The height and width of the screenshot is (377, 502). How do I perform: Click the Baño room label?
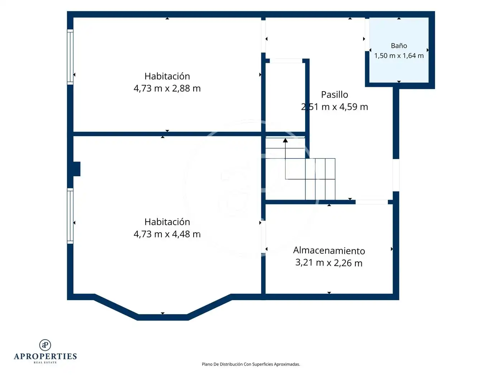coord(399,46)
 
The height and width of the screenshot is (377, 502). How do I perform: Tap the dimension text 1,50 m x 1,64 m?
coord(399,56)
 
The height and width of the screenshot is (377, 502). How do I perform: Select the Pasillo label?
coord(334,94)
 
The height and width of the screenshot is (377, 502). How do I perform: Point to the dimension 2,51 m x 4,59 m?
coord(334,107)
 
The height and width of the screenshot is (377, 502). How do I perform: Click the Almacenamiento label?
coord(329,251)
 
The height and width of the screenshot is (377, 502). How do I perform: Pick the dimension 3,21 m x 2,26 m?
coord(329,263)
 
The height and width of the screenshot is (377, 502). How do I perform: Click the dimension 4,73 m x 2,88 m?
coord(167,88)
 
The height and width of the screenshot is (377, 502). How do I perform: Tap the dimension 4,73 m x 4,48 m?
coord(167,234)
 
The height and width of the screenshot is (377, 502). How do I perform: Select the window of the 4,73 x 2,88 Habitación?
coord(70,57)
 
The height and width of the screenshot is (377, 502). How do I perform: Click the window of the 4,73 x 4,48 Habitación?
coord(70,216)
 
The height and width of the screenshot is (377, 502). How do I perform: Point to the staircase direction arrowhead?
coord(285,140)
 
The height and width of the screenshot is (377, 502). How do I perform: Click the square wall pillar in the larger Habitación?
coord(77,169)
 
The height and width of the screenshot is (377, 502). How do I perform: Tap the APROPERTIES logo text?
coord(45,357)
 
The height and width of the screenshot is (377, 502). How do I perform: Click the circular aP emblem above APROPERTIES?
coord(45,345)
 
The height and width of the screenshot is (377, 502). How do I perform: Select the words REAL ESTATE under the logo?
coord(45,363)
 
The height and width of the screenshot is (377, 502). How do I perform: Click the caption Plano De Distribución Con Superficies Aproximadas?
coord(251,364)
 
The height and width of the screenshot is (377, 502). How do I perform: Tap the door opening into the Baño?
coord(367,35)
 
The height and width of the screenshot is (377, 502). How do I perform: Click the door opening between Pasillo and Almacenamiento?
coord(371,202)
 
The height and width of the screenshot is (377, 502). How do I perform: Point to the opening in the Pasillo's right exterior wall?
coord(396,175)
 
